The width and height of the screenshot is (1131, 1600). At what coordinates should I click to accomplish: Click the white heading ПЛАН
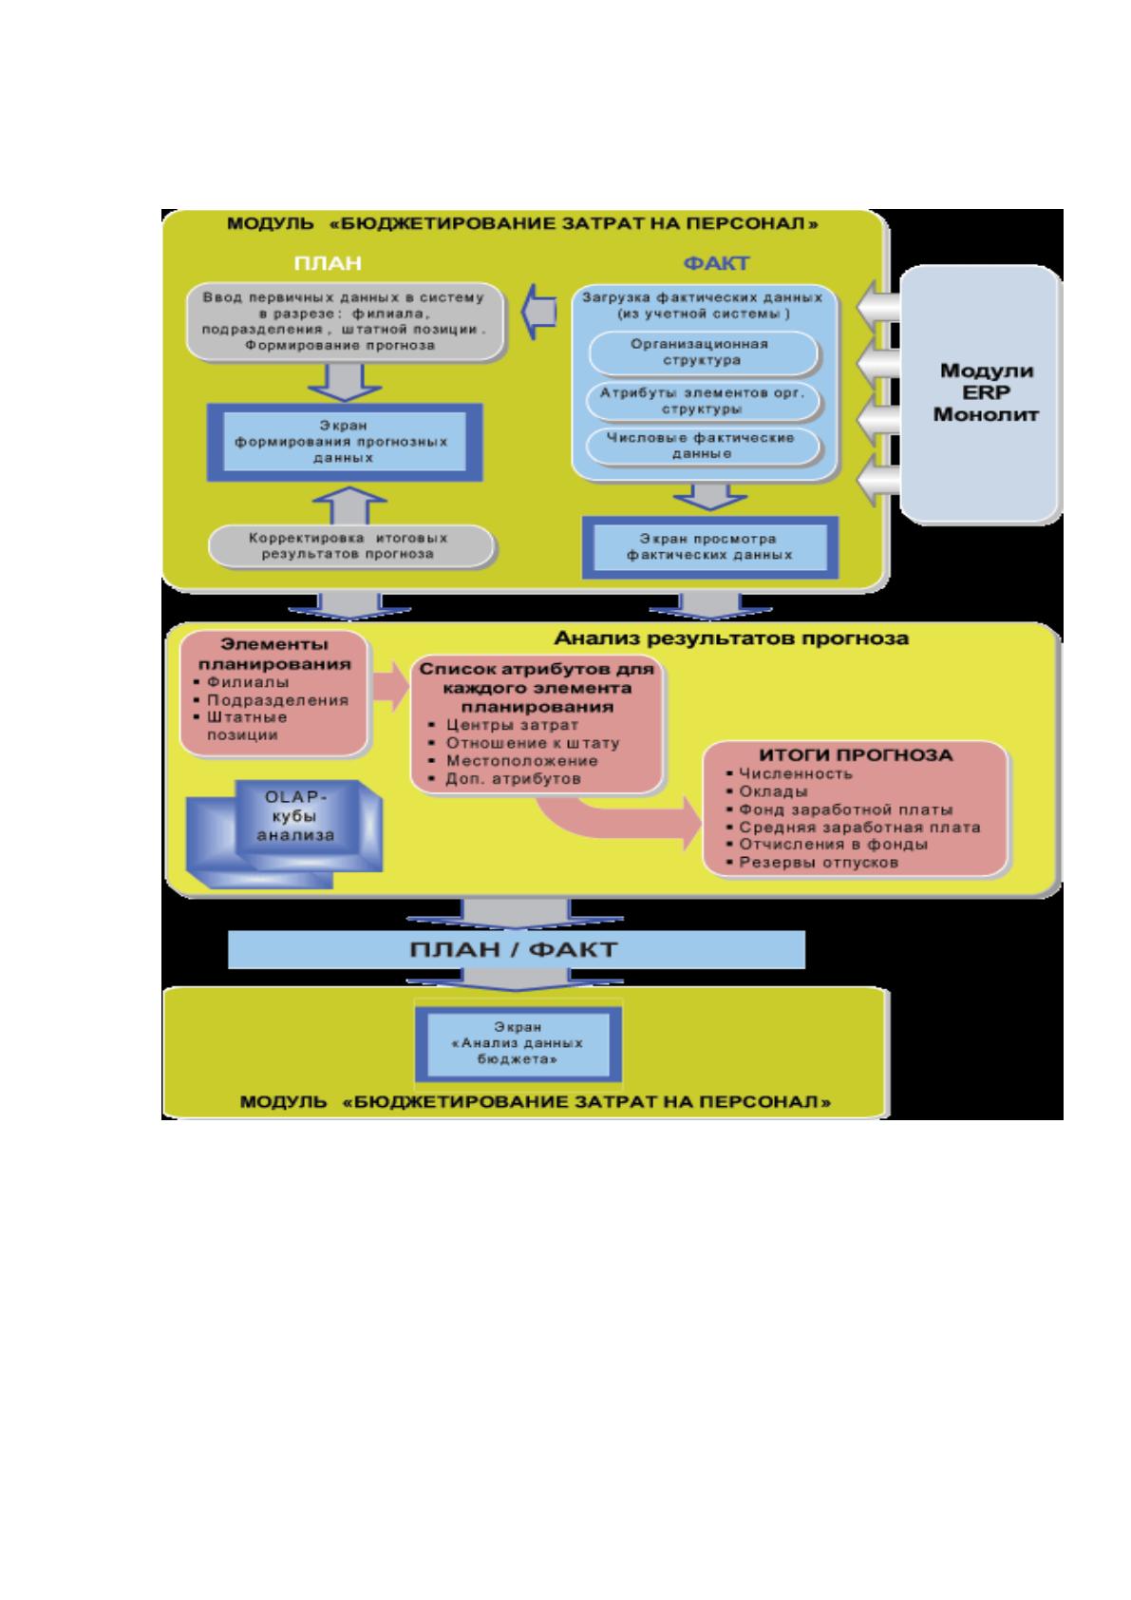328,263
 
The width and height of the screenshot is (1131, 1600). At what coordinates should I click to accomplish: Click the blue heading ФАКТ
716,263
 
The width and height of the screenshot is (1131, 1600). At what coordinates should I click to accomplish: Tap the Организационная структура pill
704,352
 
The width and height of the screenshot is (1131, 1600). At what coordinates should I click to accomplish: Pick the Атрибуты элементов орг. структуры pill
704,402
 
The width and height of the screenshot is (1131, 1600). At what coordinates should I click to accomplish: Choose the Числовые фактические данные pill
704,446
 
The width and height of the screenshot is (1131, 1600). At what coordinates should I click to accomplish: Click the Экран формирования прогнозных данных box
344,442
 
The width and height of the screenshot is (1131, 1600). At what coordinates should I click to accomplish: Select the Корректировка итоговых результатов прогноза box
350,546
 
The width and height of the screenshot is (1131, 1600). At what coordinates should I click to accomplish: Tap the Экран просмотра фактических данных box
709,547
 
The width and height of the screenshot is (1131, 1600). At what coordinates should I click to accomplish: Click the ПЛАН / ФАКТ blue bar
517,949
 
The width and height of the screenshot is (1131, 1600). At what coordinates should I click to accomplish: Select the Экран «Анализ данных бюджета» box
518,1043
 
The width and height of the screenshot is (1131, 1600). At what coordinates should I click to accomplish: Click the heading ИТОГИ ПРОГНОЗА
856,755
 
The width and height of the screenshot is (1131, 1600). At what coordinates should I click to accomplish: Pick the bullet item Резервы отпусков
812,862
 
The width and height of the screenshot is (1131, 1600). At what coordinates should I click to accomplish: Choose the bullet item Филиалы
241,682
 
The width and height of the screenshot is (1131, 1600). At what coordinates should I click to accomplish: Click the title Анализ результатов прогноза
731,638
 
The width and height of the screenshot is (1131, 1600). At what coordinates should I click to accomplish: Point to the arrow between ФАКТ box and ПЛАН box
537,312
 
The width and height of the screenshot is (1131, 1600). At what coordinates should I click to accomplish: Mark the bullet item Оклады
767,791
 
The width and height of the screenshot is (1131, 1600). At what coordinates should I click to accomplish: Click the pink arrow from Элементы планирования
390,686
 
